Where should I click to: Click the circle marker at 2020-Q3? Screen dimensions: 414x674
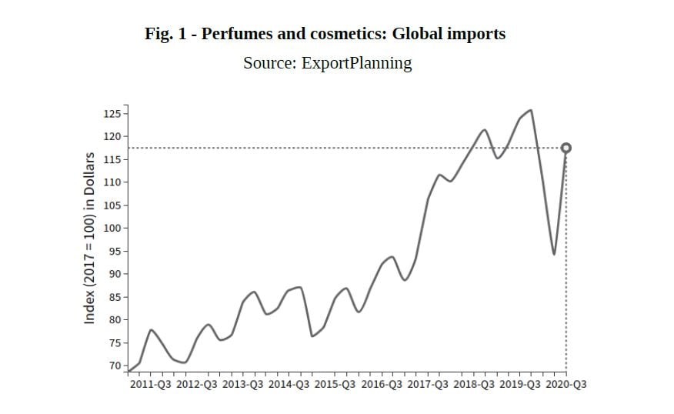pyautogui.click(x=566, y=148)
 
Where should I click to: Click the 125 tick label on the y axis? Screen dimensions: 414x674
pyautogui.click(x=112, y=114)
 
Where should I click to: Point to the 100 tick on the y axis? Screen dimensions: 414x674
pyautogui.click(x=112, y=229)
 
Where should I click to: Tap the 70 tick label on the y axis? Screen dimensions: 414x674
pyautogui.click(x=115, y=366)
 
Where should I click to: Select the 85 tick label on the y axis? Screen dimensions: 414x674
pyautogui.click(x=115, y=297)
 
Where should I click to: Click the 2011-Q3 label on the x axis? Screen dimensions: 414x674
pyautogui.click(x=151, y=384)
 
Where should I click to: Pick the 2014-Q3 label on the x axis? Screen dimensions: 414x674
pyautogui.click(x=289, y=384)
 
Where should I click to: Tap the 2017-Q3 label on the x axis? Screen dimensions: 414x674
pyautogui.click(x=427, y=384)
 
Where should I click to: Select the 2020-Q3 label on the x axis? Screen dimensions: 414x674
pyautogui.click(x=566, y=384)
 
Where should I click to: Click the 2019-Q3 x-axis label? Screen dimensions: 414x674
pyautogui.click(x=520, y=384)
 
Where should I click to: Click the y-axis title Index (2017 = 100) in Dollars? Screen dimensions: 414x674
pyautogui.click(x=89, y=238)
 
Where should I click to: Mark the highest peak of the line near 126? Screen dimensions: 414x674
pyautogui.click(x=531, y=110)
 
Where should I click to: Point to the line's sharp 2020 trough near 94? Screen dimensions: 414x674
pyautogui.click(x=554, y=254)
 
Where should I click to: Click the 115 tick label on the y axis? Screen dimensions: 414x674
pyautogui.click(x=112, y=160)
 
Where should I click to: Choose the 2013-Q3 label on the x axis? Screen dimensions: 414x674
pyautogui.click(x=243, y=384)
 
